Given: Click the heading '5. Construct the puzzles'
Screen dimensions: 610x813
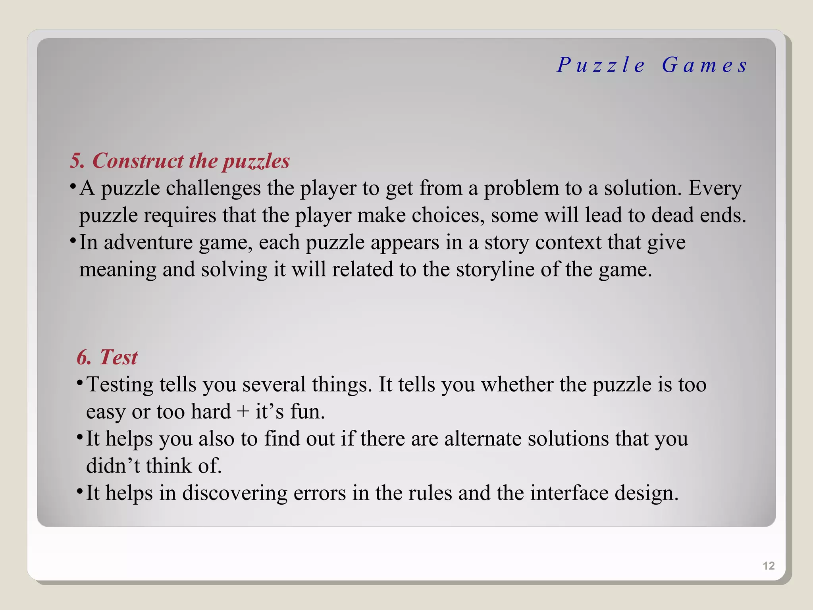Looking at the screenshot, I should coord(180,161).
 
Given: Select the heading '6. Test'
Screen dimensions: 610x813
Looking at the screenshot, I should coord(107,357).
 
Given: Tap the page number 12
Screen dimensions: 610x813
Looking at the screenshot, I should coord(769,566).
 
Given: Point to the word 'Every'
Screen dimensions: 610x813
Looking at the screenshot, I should coord(715,188).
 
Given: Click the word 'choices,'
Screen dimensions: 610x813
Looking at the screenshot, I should coord(448,215).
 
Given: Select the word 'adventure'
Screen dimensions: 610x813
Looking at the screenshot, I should coord(148,242).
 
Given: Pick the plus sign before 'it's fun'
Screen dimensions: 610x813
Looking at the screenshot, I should coord(243,411).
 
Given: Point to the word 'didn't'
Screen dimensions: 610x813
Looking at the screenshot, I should coord(113,466).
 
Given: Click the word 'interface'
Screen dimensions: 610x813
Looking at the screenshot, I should coord(569,493).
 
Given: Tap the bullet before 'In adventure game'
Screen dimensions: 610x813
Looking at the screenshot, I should coord(73,241).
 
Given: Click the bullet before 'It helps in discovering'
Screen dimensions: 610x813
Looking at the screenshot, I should coord(79,491).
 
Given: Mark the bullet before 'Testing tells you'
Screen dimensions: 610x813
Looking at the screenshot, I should coord(79,383).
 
